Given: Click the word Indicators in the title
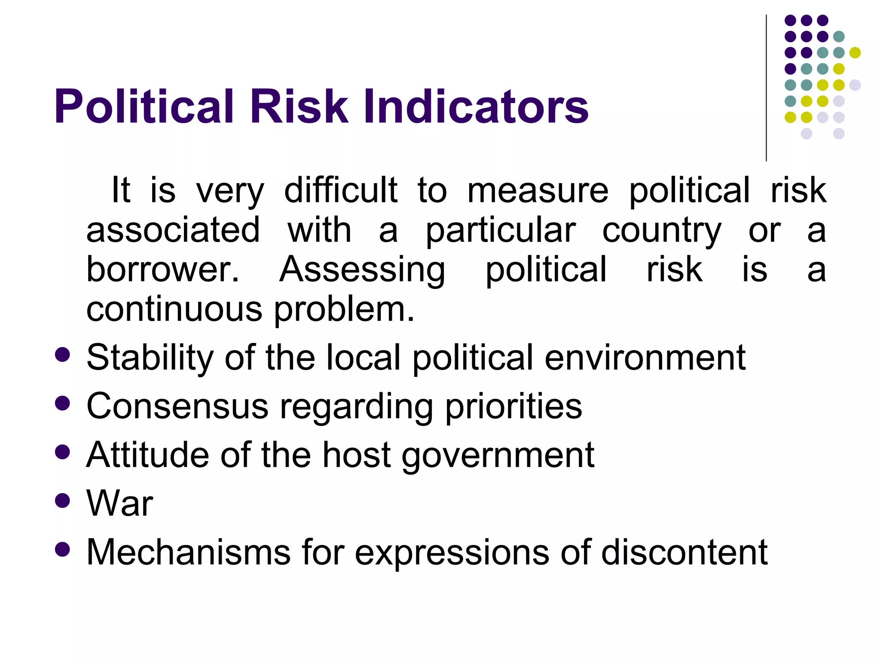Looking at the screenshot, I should (x=476, y=107).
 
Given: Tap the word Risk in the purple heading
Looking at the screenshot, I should (x=299, y=107).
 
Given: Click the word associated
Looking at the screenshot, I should (x=173, y=230).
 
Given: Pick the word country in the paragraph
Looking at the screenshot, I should (x=662, y=231).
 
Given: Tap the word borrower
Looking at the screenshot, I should (x=162, y=269).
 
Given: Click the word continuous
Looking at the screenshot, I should (x=174, y=309).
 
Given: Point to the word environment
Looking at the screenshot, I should (x=645, y=357).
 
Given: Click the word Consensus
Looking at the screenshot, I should (x=177, y=406).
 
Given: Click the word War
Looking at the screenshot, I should (x=119, y=503).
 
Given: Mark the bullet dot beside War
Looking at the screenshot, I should (x=63, y=501).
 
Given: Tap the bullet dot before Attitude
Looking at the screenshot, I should (x=63, y=452).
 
